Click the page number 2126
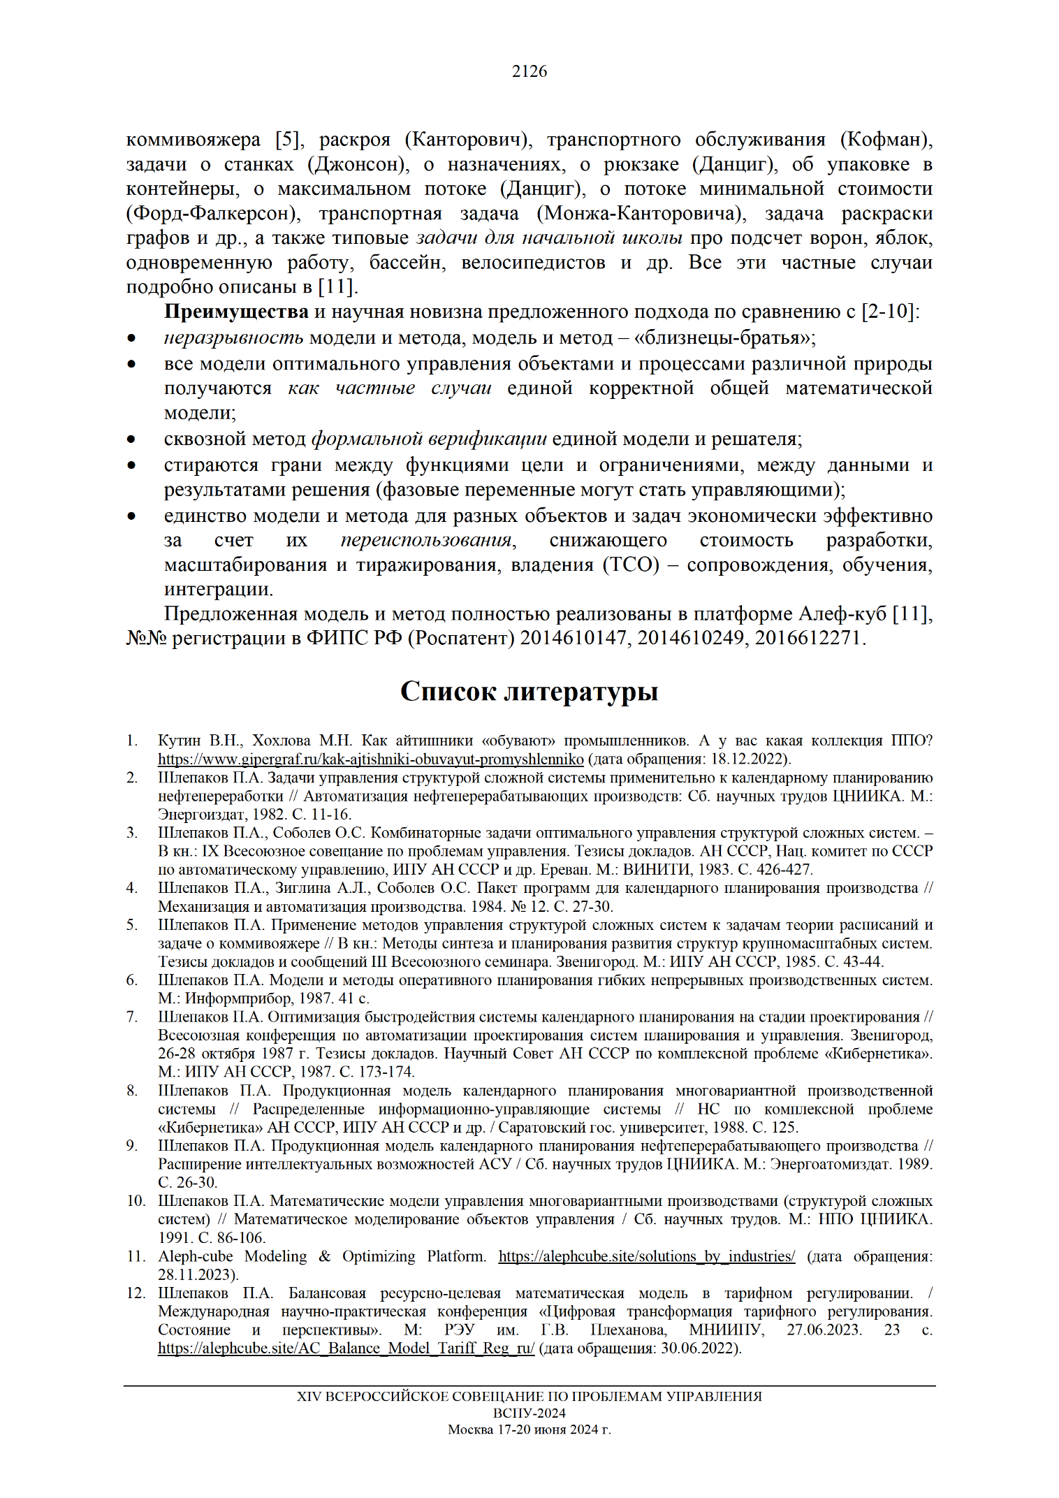coord(529,71)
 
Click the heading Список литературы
coord(529,691)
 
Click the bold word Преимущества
coord(236,312)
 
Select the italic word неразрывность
coord(233,338)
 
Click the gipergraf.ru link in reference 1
coord(370,759)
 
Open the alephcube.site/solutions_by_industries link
coord(646,1256)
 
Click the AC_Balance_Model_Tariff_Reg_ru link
coord(346,1348)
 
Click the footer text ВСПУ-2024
coord(529,1413)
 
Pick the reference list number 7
coord(132,1017)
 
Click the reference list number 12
coord(135,1293)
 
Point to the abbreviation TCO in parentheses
coord(631,565)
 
